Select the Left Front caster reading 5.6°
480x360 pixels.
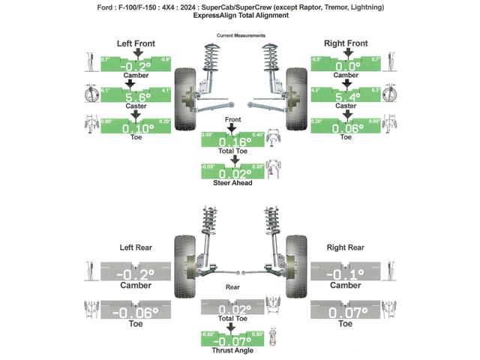pos(135,97)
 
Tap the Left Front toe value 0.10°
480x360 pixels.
pos(135,128)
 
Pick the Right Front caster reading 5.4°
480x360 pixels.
pos(346,97)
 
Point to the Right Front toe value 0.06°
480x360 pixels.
pos(346,128)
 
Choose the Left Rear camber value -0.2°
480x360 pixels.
pos(136,274)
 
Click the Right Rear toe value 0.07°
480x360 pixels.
pos(346,312)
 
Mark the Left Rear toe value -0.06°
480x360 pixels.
pos(136,312)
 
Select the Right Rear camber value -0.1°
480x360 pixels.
pos(346,274)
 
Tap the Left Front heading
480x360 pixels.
pos(136,43)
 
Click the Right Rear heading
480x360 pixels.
pos(346,247)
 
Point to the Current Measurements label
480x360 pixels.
pos(240,35)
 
